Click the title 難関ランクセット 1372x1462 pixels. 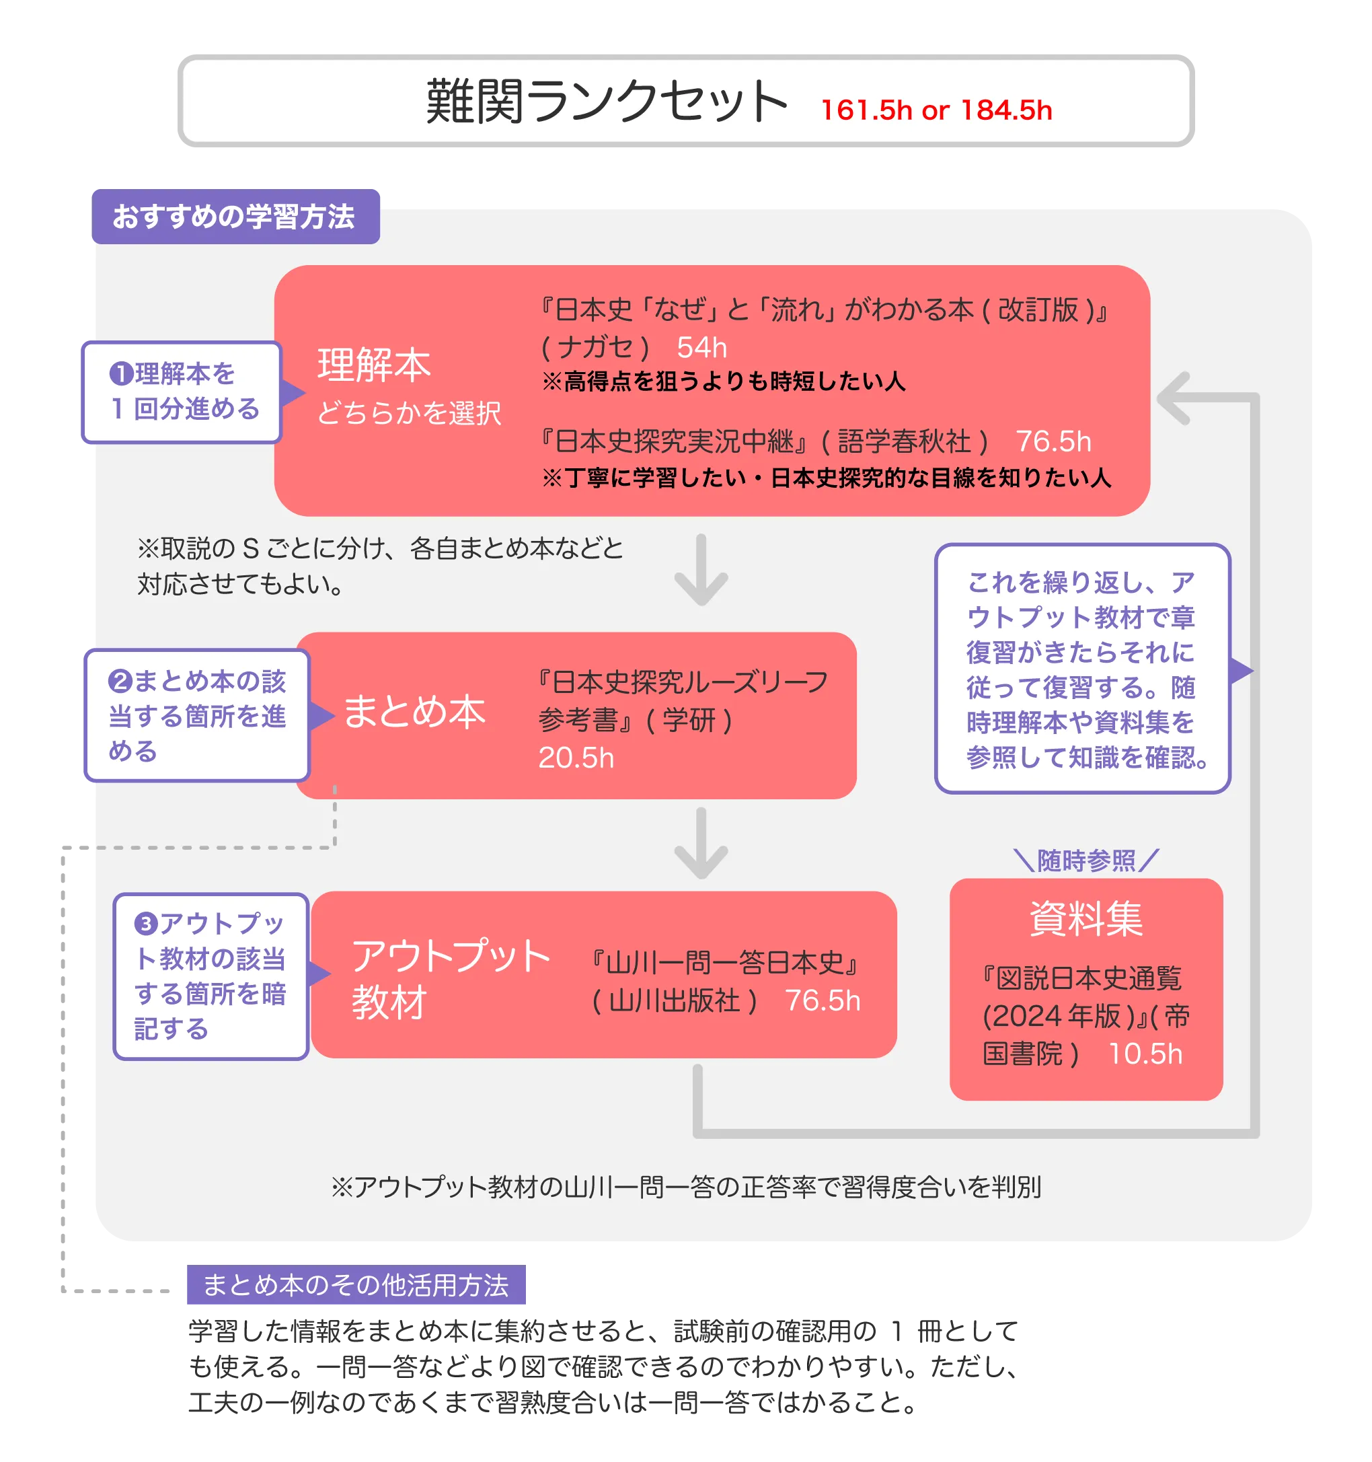point(606,102)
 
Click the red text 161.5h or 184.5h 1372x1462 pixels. point(936,110)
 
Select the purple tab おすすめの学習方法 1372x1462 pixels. point(235,217)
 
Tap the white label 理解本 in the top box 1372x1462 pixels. point(373,365)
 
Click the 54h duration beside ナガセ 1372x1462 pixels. point(701,347)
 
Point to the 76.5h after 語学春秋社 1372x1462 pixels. point(1053,441)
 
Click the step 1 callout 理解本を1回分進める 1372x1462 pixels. point(183,392)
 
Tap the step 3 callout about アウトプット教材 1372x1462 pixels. point(211,976)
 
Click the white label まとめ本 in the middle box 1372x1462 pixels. point(415,712)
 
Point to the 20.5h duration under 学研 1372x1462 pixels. point(576,758)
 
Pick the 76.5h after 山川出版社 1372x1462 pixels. point(822,1000)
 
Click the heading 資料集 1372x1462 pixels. point(1085,918)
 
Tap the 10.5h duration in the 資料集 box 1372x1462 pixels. point(1145,1054)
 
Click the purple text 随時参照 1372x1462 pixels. point(1086,860)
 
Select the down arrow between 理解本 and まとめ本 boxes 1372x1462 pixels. point(701,572)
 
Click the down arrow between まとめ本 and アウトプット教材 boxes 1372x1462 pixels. point(701,845)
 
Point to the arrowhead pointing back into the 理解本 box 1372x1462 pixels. point(1174,398)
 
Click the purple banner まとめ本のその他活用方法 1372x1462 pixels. point(355,1286)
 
